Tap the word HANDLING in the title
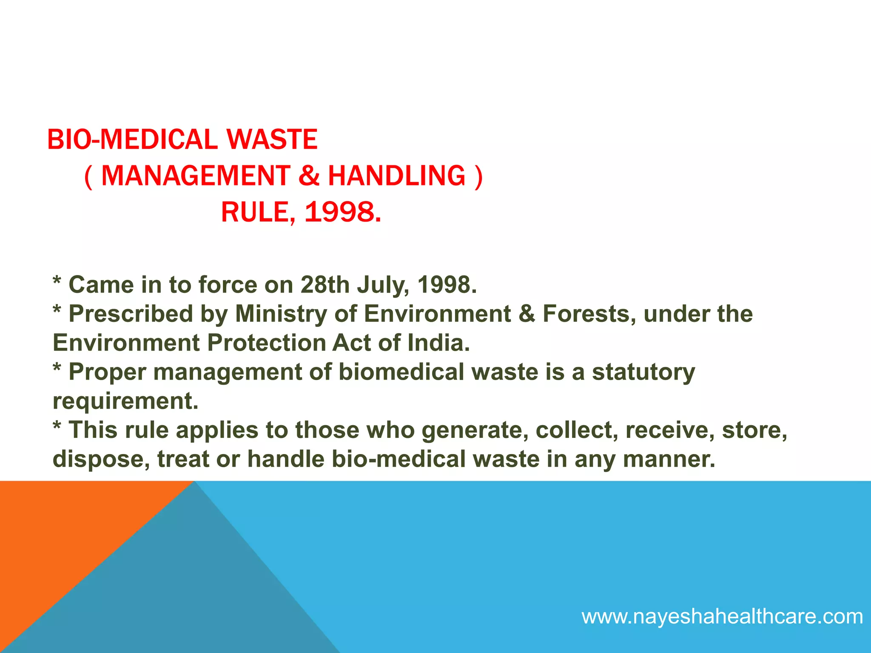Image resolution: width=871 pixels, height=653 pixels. [397, 176]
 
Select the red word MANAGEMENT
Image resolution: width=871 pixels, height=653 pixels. [196, 176]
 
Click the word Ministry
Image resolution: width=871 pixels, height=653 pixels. [281, 314]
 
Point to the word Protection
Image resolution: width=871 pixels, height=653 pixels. [266, 343]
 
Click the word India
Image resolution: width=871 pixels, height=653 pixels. [438, 343]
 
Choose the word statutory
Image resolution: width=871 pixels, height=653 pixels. [643, 372]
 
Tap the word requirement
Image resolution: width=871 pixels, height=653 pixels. [125, 401]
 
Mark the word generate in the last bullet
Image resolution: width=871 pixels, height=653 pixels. [475, 431]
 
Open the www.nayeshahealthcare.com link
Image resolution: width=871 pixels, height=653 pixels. [722, 616]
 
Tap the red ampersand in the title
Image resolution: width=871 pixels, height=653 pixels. [309, 176]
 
